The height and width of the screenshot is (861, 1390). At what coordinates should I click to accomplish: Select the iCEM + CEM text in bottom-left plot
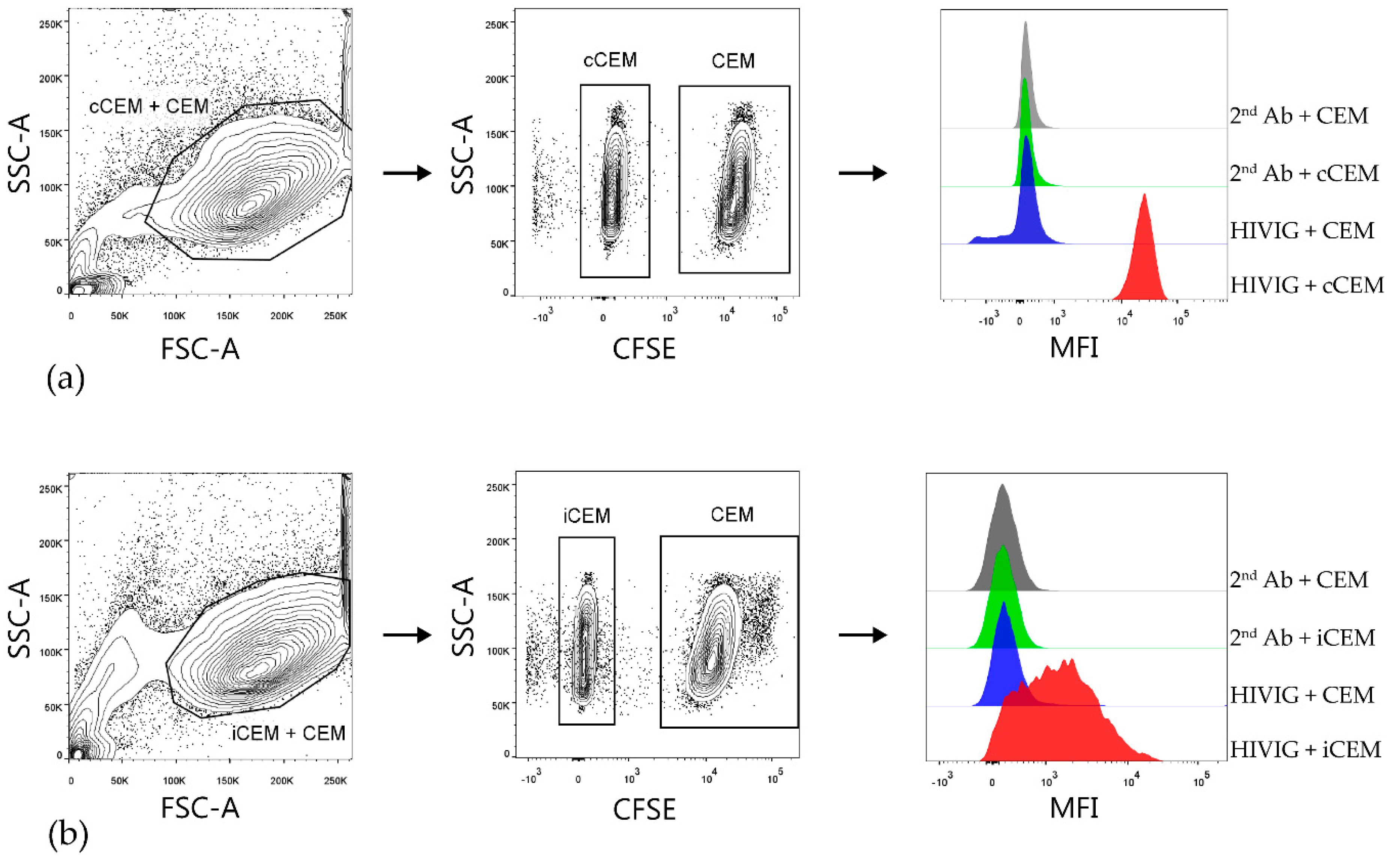tap(289, 733)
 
